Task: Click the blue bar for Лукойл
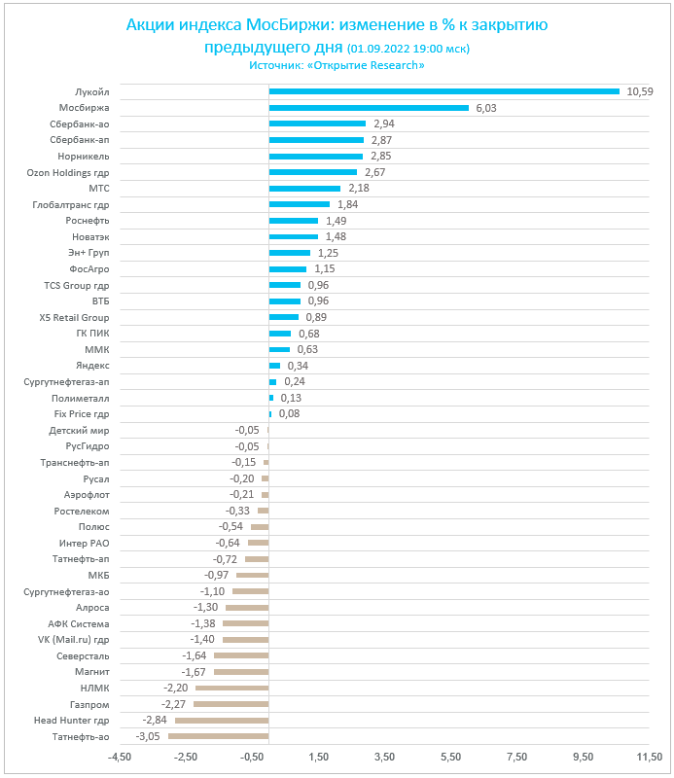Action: tap(443, 91)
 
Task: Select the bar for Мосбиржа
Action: tap(369, 108)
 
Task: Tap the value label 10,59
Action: tap(639, 91)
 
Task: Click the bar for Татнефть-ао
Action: tap(218, 736)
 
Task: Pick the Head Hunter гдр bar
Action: tap(222, 720)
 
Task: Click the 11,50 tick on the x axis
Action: tap(649, 757)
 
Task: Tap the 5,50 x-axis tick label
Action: tap(449, 757)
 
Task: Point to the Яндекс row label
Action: tap(91, 366)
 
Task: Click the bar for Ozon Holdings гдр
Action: tap(313, 172)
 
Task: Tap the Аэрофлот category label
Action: tap(87, 494)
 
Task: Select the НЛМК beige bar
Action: tap(231, 688)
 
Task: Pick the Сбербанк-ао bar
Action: tap(317, 124)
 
